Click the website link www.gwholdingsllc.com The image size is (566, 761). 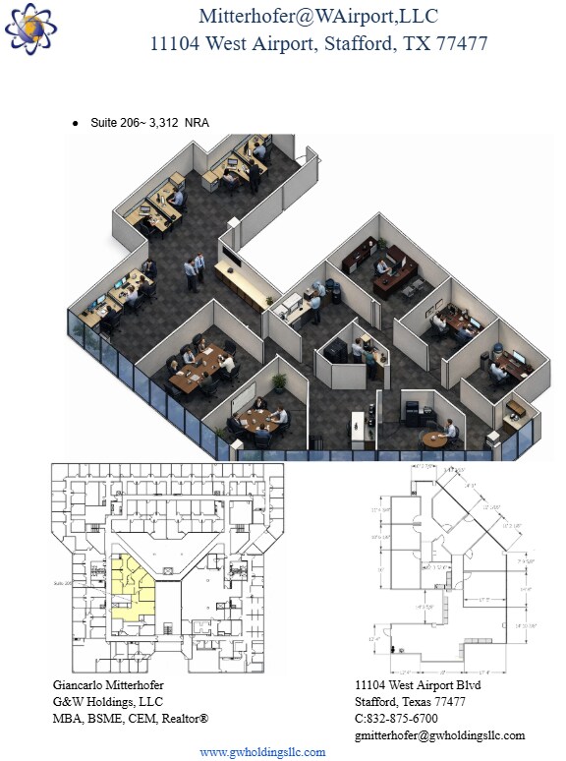pos(262,752)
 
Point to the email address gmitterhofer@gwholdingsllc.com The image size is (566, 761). pos(439,734)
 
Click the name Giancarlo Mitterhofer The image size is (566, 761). pos(108,684)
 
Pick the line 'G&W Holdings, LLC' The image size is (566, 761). pos(107,701)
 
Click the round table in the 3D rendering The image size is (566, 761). pos(432,439)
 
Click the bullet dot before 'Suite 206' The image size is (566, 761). pos(76,123)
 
